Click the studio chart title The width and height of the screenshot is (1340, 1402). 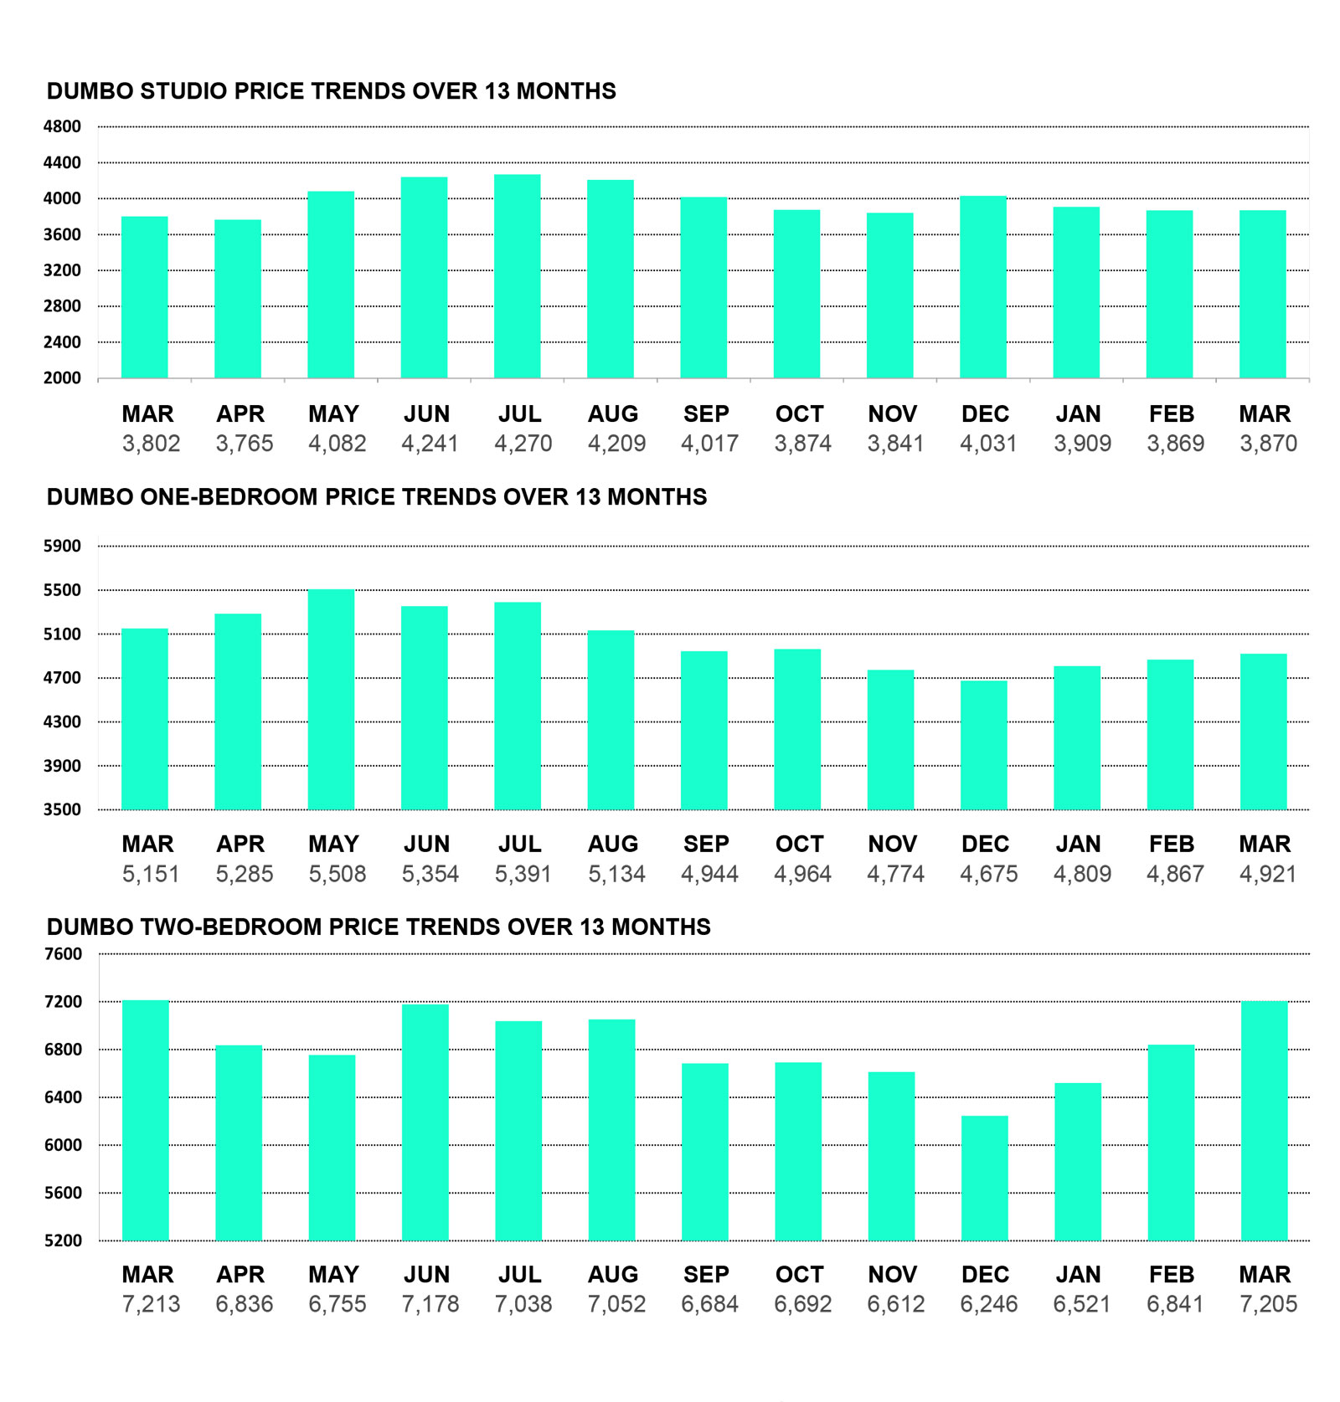tap(331, 91)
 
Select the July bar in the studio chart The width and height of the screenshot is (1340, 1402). tap(517, 276)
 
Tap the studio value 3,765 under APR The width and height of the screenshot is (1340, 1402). tap(245, 444)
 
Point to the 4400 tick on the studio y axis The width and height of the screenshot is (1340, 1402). tap(63, 163)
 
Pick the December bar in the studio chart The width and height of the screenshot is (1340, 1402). tap(982, 287)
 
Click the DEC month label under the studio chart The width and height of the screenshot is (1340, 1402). tap(985, 414)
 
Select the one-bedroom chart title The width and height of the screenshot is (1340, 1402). tap(376, 497)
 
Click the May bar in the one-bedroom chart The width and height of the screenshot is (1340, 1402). tap(331, 700)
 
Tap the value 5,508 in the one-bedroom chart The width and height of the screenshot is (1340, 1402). tap(338, 875)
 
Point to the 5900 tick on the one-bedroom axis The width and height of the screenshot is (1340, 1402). tap(63, 547)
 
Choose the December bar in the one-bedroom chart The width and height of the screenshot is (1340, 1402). tap(983, 745)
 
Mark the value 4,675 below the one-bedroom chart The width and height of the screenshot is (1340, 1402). tap(988, 875)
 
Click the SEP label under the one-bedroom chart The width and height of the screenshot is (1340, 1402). tap(706, 845)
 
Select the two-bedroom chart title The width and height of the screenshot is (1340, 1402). tap(379, 927)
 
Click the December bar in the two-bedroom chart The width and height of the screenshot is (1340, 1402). tap(984, 1178)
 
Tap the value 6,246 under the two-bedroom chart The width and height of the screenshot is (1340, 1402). tap(988, 1304)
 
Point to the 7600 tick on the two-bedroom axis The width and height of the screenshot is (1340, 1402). tap(63, 954)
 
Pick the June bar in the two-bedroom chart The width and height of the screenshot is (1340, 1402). tap(425, 1122)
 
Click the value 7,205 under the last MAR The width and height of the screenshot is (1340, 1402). tap(1268, 1304)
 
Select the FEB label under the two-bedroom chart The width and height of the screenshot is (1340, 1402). tap(1171, 1275)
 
